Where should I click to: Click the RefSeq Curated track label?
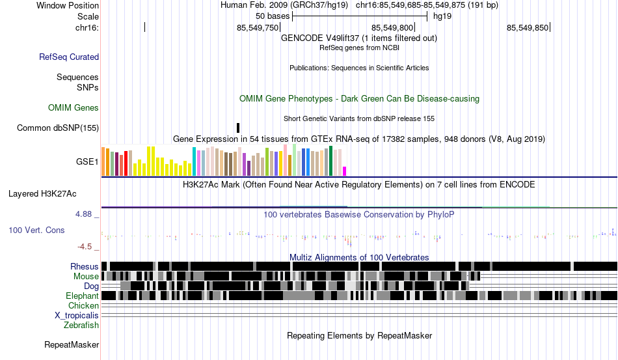tap(69, 57)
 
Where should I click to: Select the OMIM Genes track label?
tap(74, 107)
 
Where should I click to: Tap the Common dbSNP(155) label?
tap(58, 128)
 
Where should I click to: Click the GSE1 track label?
tap(87, 162)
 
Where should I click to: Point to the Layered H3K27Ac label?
tap(42, 193)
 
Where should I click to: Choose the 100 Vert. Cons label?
tap(36, 230)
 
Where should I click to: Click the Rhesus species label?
tap(85, 266)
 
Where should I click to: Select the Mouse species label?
tap(86, 276)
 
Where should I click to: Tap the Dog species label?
tap(91, 286)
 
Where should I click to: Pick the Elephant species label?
tap(82, 296)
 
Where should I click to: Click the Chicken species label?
tap(83, 305)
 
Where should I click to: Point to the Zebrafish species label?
tap(81, 325)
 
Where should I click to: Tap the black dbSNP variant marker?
tap(238, 128)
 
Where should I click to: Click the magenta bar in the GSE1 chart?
tap(345, 171)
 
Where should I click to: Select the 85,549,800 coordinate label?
tap(392, 27)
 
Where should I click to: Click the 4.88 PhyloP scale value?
tap(86, 214)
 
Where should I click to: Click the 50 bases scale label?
tap(272, 16)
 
